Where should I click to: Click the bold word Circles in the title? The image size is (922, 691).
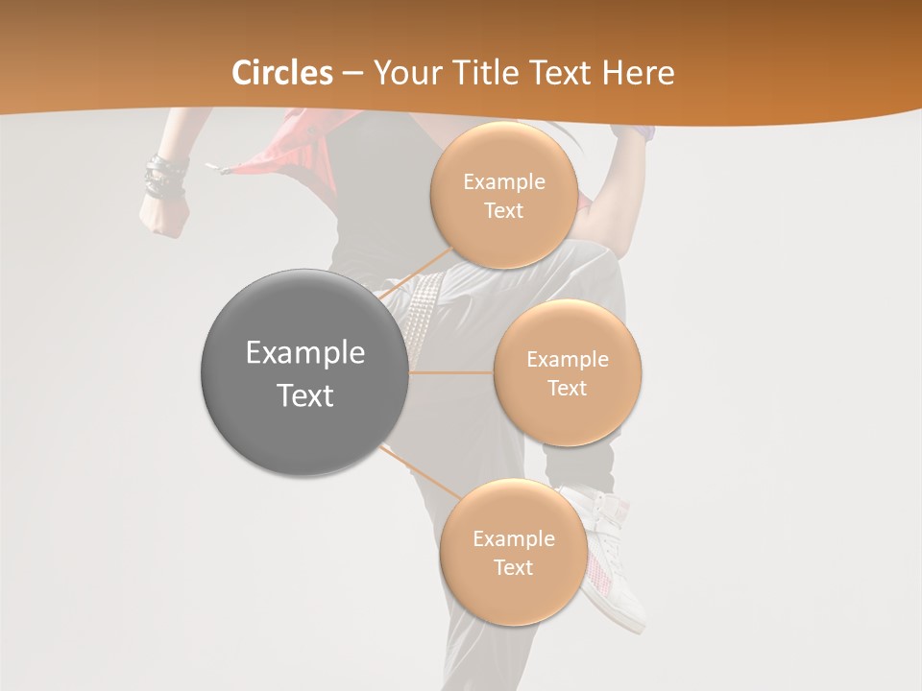pyautogui.click(x=282, y=73)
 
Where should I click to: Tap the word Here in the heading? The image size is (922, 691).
pyautogui.click(x=639, y=73)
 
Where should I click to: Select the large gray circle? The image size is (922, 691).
pyautogui.click(x=304, y=372)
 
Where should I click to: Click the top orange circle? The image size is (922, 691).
pyautogui.click(x=503, y=195)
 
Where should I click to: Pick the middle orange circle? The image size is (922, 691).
pyautogui.click(x=567, y=372)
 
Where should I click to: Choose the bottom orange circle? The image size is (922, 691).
pyautogui.click(x=513, y=552)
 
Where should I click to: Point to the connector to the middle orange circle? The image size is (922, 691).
pyautogui.click(x=451, y=372)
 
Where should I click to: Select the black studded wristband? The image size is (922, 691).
pyautogui.click(x=166, y=178)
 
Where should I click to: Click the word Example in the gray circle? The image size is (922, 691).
pyautogui.click(x=304, y=353)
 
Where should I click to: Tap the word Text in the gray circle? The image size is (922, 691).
pyautogui.click(x=304, y=395)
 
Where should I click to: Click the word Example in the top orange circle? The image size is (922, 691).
pyautogui.click(x=503, y=182)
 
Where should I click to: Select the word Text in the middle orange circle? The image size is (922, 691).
pyautogui.click(x=567, y=389)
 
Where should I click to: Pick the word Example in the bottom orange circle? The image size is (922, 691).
pyautogui.click(x=513, y=539)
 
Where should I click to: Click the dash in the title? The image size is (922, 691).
pyautogui.click(x=352, y=73)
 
